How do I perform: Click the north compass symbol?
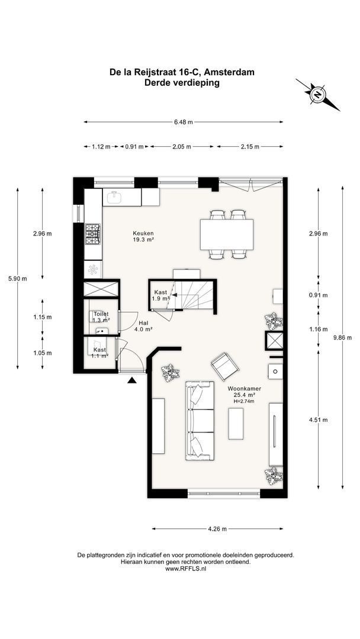[x=317, y=95]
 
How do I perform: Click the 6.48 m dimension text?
[x=183, y=122]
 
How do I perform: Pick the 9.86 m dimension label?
[x=342, y=337]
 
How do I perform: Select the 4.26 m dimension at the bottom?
[x=217, y=529]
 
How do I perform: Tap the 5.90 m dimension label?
[x=18, y=279]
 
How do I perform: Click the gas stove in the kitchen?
[x=93, y=234]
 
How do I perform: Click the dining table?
[x=227, y=234]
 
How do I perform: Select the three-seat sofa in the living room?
[x=200, y=421]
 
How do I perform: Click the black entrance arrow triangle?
[x=131, y=380]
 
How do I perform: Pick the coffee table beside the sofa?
[x=236, y=424]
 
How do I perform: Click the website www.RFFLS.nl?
[x=185, y=568]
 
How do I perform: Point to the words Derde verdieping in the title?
[x=182, y=83]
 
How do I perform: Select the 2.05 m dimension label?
[x=182, y=147]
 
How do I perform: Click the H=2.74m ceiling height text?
[x=244, y=401]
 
